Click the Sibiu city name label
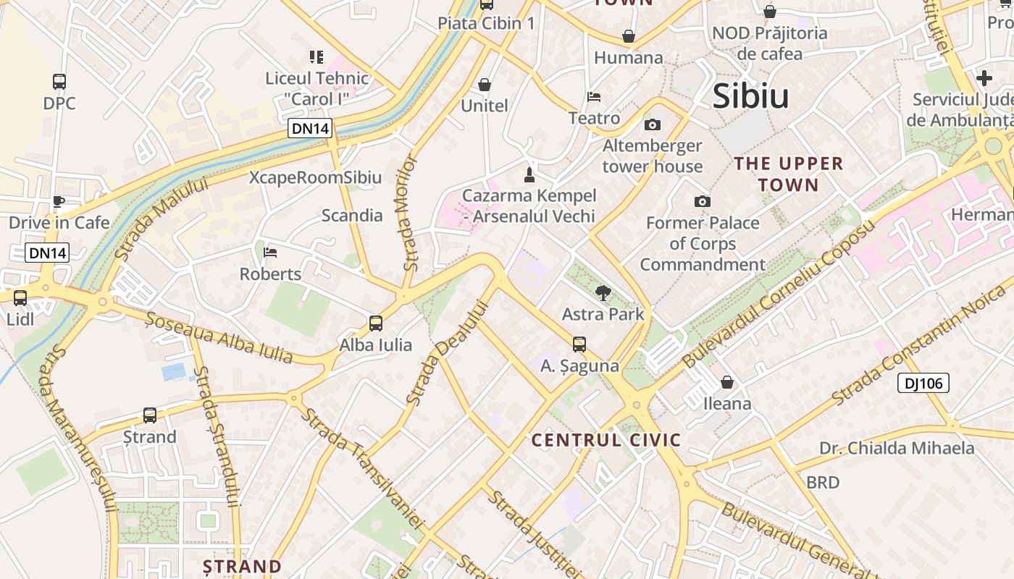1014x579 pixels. [x=750, y=96]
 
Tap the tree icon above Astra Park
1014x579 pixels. [x=603, y=293]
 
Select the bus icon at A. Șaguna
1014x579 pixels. [x=579, y=345]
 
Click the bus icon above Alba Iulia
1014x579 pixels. [x=375, y=324]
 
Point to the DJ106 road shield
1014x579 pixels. [x=923, y=383]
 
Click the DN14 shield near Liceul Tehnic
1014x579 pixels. [x=310, y=129]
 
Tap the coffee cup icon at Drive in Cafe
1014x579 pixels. [x=59, y=201]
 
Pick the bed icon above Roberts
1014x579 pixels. [x=270, y=253]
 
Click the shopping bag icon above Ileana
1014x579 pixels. [x=727, y=381]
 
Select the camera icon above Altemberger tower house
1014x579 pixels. [x=652, y=124]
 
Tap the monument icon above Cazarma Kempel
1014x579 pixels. [x=529, y=174]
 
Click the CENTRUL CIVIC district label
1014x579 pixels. [x=606, y=440]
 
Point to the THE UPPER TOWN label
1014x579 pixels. [x=789, y=174]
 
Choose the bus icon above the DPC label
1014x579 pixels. [x=59, y=82]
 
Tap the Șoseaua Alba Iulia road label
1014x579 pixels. [x=219, y=337]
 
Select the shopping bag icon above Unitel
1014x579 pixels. [x=485, y=85]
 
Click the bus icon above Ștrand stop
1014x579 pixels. [x=150, y=415]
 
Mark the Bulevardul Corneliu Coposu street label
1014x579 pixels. [x=779, y=294]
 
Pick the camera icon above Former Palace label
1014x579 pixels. [x=702, y=201]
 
